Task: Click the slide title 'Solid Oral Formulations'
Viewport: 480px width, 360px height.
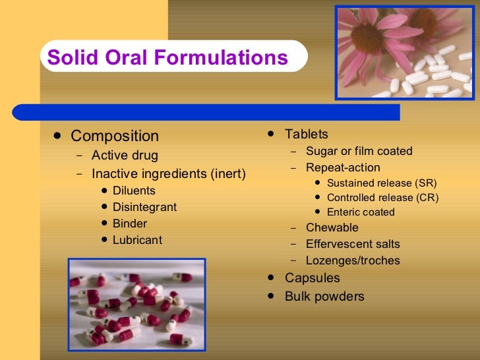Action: pyautogui.click(x=167, y=57)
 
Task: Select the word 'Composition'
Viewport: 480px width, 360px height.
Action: pyautogui.click(x=115, y=136)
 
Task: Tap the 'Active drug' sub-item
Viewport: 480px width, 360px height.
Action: pyautogui.click(x=125, y=156)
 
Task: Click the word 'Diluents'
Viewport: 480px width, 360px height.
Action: pyautogui.click(x=134, y=191)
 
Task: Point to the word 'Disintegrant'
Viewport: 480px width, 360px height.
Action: pyautogui.click(x=144, y=207)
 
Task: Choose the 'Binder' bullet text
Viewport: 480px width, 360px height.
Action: pyautogui.click(x=129, y=224)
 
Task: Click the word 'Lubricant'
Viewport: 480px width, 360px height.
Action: pyautogui.click(x=137, y=240)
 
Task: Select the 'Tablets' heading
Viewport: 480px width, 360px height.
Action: pyautogui.click(x=306, y=135)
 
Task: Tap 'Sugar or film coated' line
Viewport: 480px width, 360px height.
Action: pyautogui.click(x=359, y=151)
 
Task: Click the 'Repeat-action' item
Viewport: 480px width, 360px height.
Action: pyautogui.click(x=343, y=167)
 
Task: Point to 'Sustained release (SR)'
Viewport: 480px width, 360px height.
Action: pyautogui.click(x=382, y=183)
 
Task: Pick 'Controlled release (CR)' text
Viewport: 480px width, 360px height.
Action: pyautogui.click(x=382, y=197)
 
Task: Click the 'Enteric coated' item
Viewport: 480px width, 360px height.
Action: pyautogui.click(x=361, y=212)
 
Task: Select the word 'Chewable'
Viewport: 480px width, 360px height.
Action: pyautogui.click(x=332, y=227)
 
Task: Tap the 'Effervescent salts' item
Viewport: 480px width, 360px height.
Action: pyautogui.click(x=353, y=244)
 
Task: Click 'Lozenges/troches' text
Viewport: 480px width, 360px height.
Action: pyautogui.click(x=353, y=260)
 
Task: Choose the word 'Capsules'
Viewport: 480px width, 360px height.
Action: pyautogui.click(x=313, y=278)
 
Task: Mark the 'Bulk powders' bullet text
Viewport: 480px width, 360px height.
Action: pyautogui.click(x=324, y=297)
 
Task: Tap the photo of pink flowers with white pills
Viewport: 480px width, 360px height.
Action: pyautogui.click(x=404, y=53)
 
